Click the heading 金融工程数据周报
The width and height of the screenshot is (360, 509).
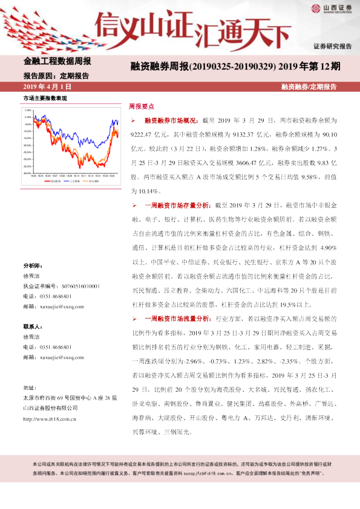[x=57, y=61]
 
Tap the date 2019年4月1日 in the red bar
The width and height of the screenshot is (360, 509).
[x=46, y=87]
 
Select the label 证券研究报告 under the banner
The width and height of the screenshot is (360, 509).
[x=332, y=47]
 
